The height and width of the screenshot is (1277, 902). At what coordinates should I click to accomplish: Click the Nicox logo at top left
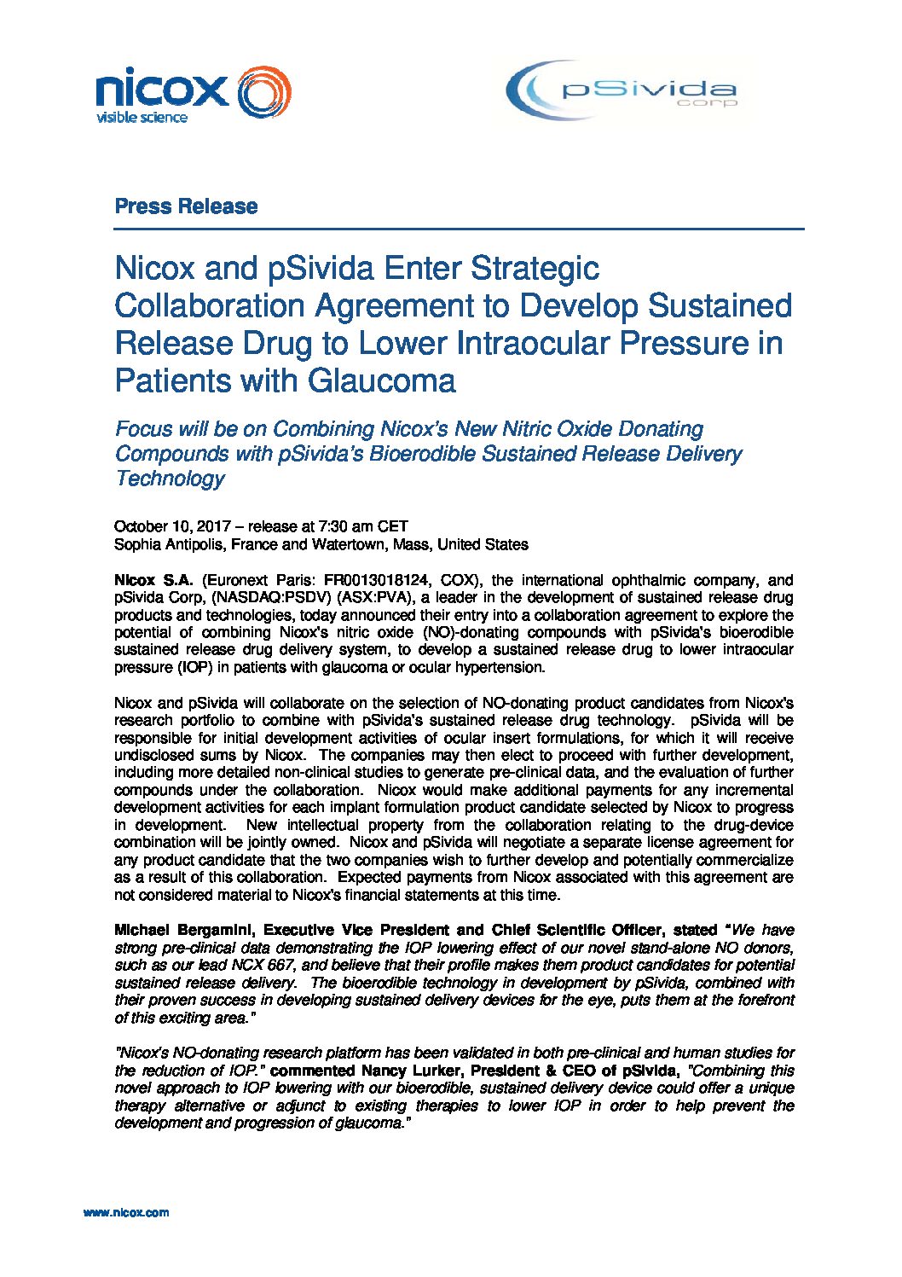click(x=193, y=92)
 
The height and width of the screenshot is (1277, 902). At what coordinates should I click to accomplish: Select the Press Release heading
click(x=186, y=206)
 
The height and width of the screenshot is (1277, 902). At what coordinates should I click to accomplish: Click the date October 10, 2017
click(x=166, y=526)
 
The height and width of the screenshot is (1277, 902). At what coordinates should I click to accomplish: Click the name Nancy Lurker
click(x=413, y=1071)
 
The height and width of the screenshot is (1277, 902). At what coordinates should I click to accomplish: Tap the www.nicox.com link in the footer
click(x=126, y=1212)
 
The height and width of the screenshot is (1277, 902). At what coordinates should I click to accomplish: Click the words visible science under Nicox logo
click(x=142, y=118)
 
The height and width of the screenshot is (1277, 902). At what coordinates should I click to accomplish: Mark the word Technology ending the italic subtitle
click(x=170, y=479)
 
